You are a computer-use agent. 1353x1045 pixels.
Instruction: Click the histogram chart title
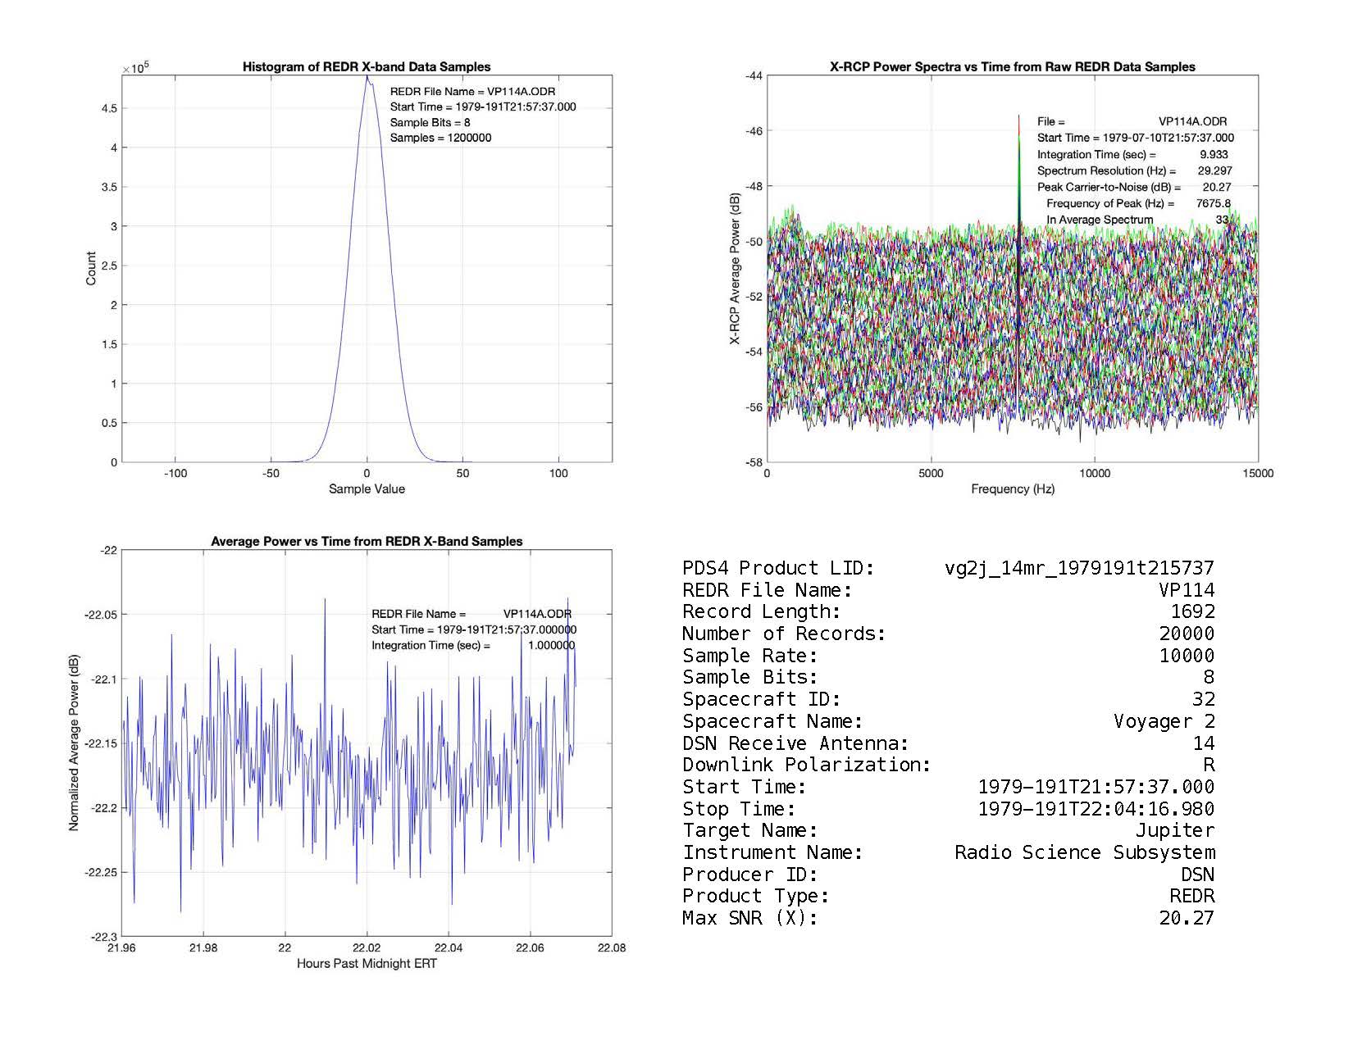tap(367, 67)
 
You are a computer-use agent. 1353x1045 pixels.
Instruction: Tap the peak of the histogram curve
tap(367, 77)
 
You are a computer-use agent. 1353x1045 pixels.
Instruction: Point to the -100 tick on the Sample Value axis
tap(175, 474)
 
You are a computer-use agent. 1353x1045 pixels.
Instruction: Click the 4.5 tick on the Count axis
tap(108, 108)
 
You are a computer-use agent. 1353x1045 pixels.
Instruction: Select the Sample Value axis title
tap(367, 489)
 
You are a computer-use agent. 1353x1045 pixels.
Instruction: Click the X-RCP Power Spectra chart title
tap(1013, 67)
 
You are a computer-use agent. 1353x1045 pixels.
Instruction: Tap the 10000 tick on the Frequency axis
tap(1095, 474)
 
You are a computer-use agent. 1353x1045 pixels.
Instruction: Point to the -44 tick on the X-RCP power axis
tap(753, 75)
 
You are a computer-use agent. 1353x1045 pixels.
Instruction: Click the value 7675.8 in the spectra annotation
tap(1213, 203)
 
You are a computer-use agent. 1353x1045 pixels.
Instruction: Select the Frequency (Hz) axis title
tap(1013, 489)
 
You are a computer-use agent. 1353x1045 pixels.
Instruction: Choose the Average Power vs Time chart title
tap(367, 542)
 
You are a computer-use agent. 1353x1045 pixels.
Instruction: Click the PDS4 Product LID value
tap(1079, 568)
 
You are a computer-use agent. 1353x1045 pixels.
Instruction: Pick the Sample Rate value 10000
tap(1187, 656)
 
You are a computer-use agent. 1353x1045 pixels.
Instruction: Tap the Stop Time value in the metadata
tap(1096, 809)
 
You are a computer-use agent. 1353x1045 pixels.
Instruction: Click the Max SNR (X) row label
tap(749, 918)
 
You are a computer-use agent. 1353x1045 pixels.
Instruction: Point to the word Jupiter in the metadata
tap(1174, 830)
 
